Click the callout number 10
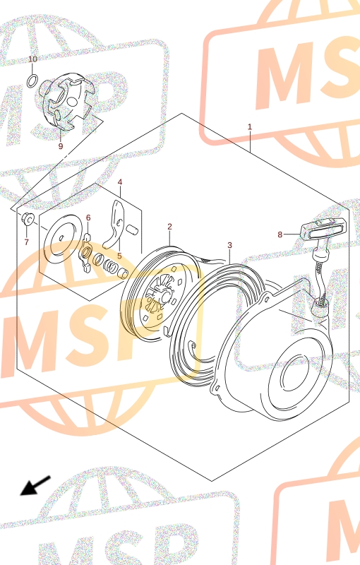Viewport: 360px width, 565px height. click(x=32, y=59)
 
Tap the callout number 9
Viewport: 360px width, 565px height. click(x=61, y=146)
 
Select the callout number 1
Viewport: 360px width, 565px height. click(x=249, y=127)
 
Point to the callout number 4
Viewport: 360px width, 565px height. click(x=120, y=182)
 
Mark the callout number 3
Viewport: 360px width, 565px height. click(x=229, y=245)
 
